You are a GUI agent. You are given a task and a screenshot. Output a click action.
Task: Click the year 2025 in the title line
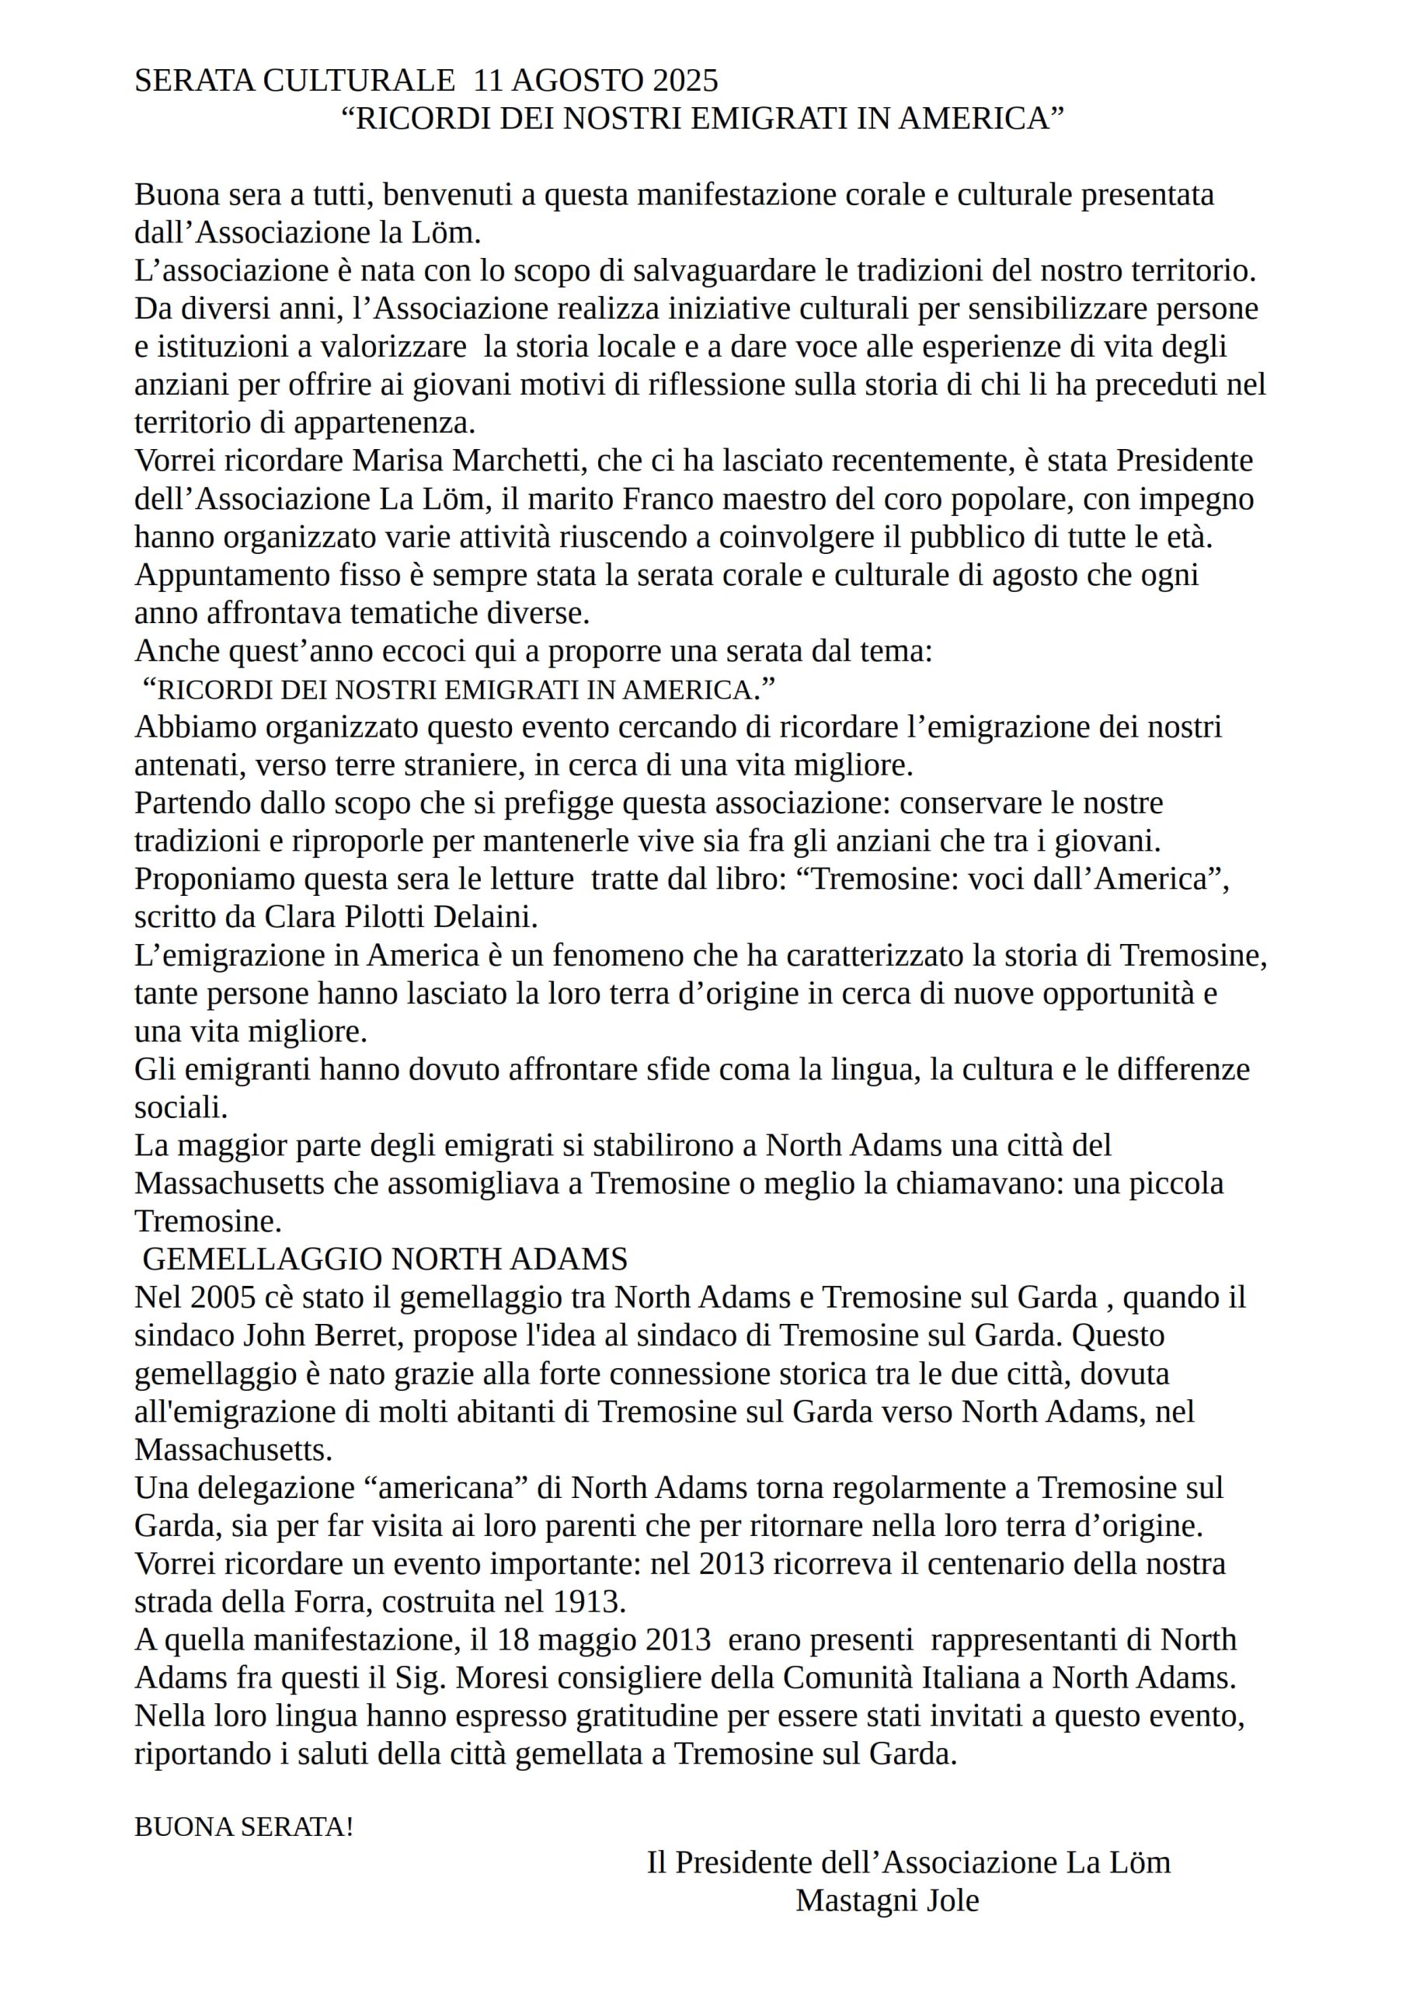point(684,81)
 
